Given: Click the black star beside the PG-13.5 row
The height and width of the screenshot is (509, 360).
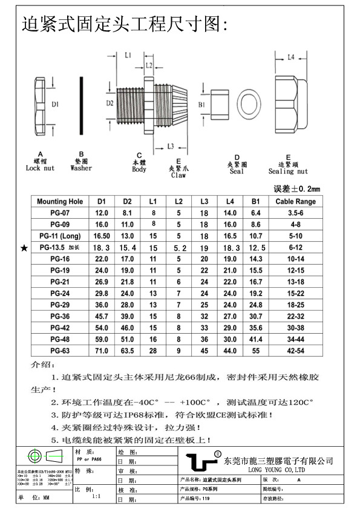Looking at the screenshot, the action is coord(24,248).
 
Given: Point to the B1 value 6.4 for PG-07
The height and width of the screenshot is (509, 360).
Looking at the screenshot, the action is coord(256,213).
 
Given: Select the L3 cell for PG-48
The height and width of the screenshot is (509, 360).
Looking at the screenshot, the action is coord(204,339).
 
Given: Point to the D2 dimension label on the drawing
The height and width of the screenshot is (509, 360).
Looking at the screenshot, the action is coord(110,103).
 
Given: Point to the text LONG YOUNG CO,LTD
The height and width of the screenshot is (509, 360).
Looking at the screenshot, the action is coord(278,470).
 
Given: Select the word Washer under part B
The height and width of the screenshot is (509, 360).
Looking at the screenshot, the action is coord(81,168).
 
